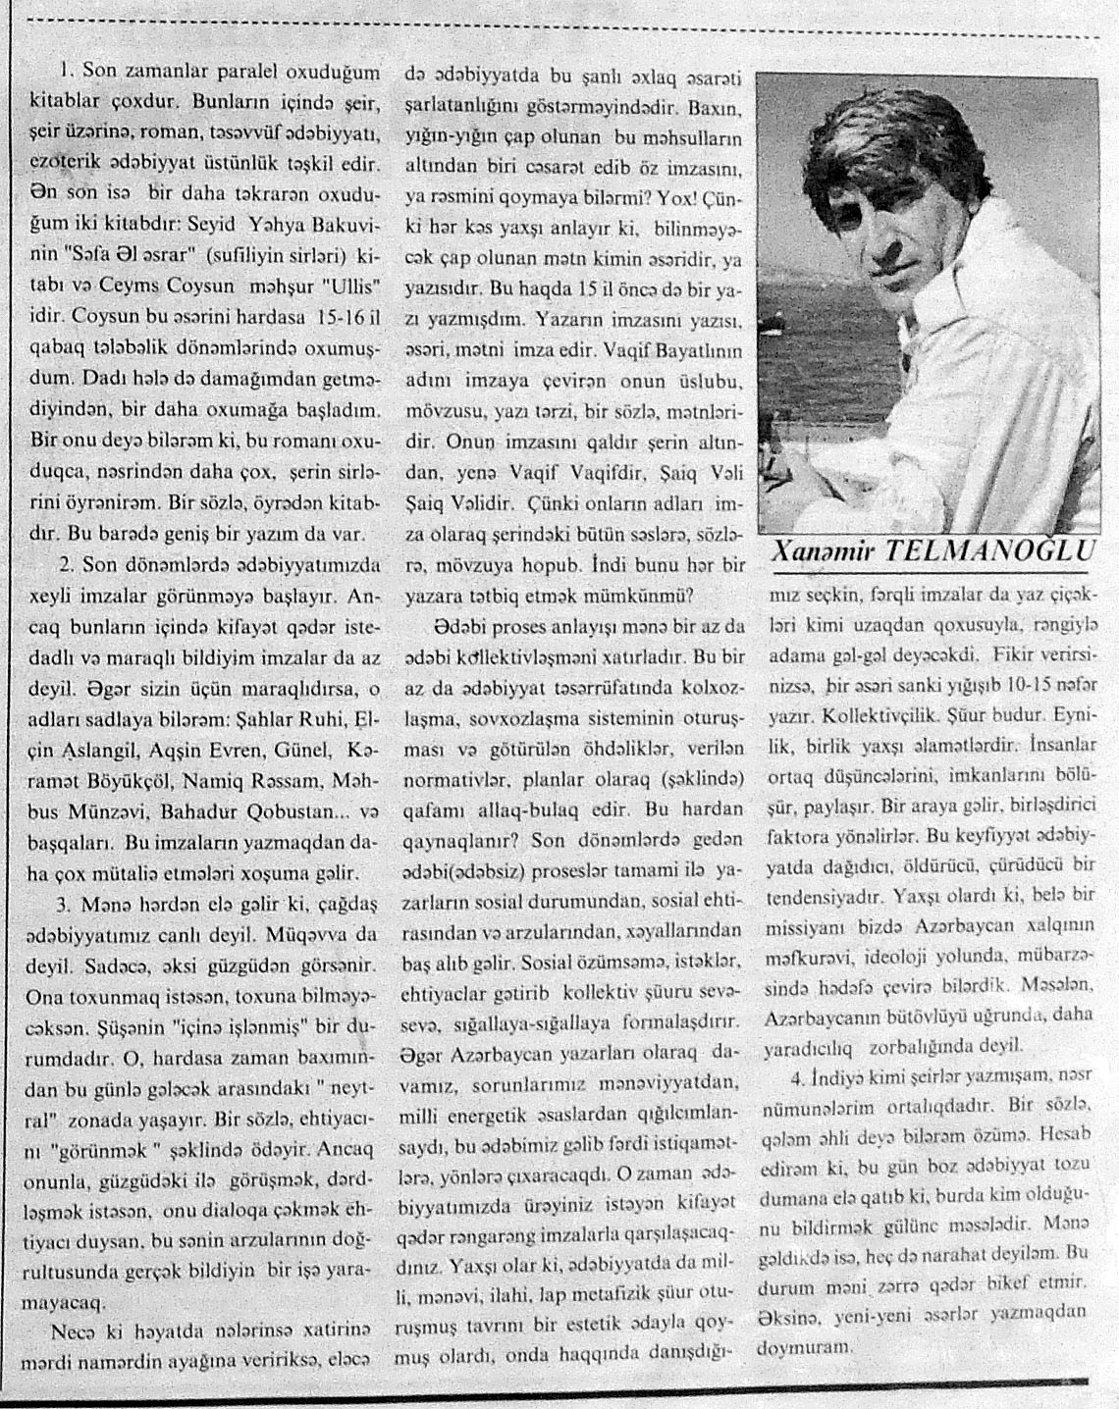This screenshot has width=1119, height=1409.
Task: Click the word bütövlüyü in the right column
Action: click(916, 1018)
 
